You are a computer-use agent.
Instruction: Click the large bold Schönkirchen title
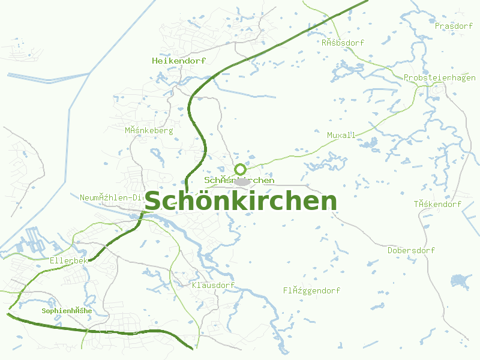(x=241, y=201)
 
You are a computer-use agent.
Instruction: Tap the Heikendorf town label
(x=179, y=61)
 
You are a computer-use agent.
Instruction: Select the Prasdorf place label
(x=454, y=26)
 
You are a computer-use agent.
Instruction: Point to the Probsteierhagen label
(x=440, y=78)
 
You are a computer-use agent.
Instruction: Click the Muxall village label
(x=341, y=135)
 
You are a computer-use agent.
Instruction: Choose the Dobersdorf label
(x=412, y=250)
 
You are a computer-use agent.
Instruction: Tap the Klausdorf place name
(x=213, y=285)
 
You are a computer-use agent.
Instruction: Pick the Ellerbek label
(x=69, y=260)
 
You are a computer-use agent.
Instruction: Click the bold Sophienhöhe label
(x=67, y=311)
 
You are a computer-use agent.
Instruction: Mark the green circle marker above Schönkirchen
(x=240, y=169)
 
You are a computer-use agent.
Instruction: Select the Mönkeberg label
(x=149, y=130)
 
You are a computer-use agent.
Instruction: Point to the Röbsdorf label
(x=343, y=43)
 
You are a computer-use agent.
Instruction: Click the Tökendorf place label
(x=437, y=204)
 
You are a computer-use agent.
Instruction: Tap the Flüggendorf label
(x=312, y=290)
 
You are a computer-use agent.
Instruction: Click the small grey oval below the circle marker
(x=241, y=181)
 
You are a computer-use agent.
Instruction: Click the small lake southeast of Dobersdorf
(x=461, y=280)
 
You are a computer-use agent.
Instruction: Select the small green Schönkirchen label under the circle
(x=239, y=180)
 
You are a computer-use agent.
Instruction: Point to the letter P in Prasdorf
(x=438, y=26)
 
